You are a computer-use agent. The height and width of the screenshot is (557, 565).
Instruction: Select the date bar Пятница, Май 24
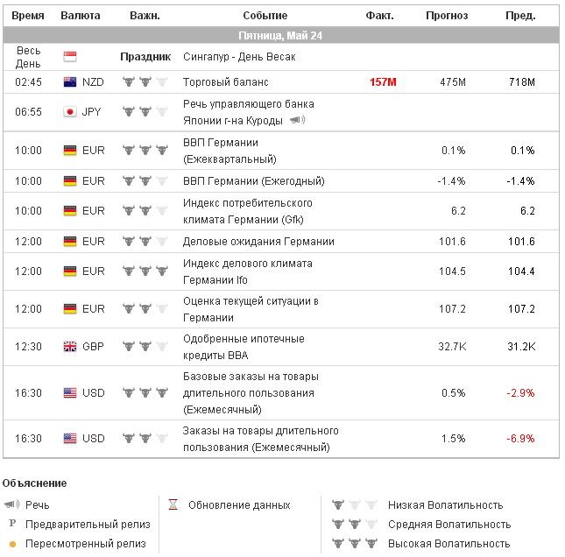(281, 36)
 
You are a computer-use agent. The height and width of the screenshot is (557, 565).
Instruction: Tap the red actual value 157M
(383, 82)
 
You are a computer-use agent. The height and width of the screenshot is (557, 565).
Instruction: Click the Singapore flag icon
(70, 57)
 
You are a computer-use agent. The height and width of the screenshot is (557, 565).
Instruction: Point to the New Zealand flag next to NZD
(70, 82)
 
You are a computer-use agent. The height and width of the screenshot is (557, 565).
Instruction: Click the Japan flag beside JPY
(70, 112)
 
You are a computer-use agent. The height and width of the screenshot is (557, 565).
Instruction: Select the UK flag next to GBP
(70, 346)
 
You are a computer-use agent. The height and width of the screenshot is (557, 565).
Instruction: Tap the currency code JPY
(92, 112)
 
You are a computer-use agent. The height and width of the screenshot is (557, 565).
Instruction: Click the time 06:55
(28, 112)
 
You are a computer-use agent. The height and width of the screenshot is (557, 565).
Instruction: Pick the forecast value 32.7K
(452, 346)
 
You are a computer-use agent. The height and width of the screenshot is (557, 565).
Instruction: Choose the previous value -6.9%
(521, 438)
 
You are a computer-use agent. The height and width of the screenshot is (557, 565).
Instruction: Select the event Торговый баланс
(225, 82)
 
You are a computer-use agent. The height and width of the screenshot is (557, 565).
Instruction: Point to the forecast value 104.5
(452, 271)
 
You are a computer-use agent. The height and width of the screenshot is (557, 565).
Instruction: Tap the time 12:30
(28, 346)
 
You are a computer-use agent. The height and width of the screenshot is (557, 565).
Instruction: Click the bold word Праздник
(145, 57)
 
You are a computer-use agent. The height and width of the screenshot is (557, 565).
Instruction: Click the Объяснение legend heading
(35, 483)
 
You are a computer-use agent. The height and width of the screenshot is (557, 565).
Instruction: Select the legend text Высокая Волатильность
(449, 544)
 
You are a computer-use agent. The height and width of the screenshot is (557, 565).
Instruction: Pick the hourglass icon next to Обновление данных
(173, 505)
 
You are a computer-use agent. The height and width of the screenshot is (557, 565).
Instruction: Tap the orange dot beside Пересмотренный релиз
(12, 544)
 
